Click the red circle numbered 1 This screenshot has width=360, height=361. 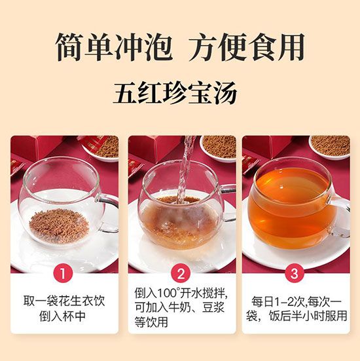click(x=63, y=274)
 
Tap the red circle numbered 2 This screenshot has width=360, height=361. click(x=181, y=274)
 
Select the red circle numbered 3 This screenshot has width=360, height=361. click(x=295, y=274)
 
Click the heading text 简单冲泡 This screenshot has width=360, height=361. click(x=113, y=47)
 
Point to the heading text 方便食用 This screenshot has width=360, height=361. click(x=247, y=47)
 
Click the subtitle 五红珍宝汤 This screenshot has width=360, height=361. click(x=175, y=93)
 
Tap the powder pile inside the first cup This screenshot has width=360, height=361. click(x=59, y=225)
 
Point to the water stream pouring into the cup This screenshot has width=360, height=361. click(x=185, y=170)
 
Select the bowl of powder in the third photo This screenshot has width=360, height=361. click(x=329, y=147)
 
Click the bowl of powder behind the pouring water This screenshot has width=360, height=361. click(x=218, y=147)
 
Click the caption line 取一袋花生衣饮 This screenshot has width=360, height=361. click(x=64, y=301)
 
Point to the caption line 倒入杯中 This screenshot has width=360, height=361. click(x=62, y=316)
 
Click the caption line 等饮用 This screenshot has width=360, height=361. click(x=151, y=322)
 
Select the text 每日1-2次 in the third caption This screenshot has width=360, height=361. click(x=279, y=301)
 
